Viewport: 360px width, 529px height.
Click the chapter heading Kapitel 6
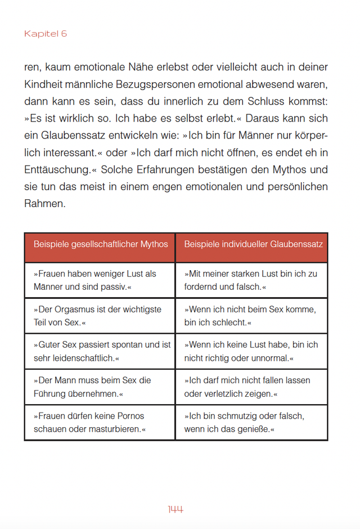pyautogui.click(x=46, y=34)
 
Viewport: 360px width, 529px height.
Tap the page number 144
pyautogui.click(x=175, y=509)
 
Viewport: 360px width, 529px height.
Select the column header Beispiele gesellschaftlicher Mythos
pyautogui.click(x=101, y=244)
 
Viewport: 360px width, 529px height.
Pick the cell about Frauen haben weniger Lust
pyautogui.click(x=100, y=280)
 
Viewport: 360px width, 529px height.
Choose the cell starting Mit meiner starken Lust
pyautogui.click(x=251, y=280)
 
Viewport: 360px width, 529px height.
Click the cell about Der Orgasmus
pyautogui.click(x=100, y=316)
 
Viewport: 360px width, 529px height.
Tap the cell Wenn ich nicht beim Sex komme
pyautogui.click(x=251, y=316)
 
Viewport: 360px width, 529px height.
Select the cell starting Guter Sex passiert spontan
pyautogui.click(x=100, y=351)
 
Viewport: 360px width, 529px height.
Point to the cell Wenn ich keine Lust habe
pyautogui.click(x=251, y=351)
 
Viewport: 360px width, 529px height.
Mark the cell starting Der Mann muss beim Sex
pyautogui.click(x=100, y=387)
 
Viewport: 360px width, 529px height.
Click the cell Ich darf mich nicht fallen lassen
pyautogui.click(x=251, y=387)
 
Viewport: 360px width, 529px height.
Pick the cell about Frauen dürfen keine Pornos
pyautogui.click(x=100, y=422)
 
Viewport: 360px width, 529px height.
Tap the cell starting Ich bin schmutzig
pyautogui.click(x=251, y=422)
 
